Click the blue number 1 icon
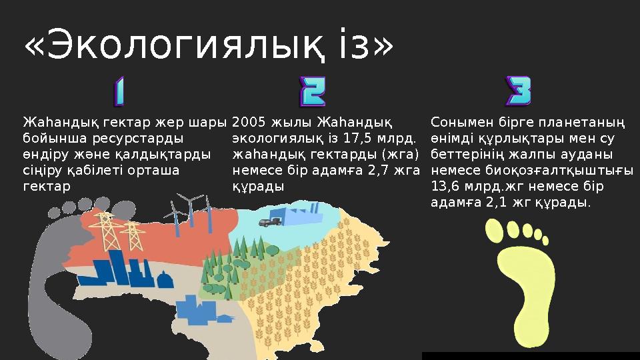119,92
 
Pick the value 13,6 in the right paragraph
445,187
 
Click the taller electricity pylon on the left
105,230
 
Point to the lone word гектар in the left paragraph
45,187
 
